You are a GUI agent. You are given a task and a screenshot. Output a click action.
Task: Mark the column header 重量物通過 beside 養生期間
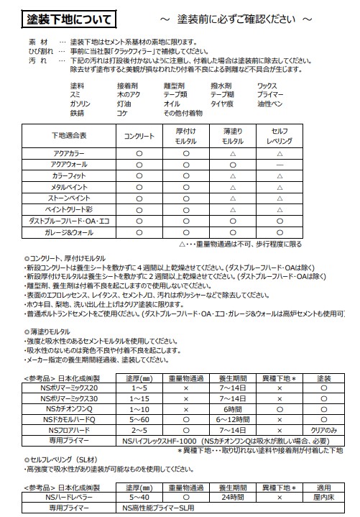click(x=185, y=378)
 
